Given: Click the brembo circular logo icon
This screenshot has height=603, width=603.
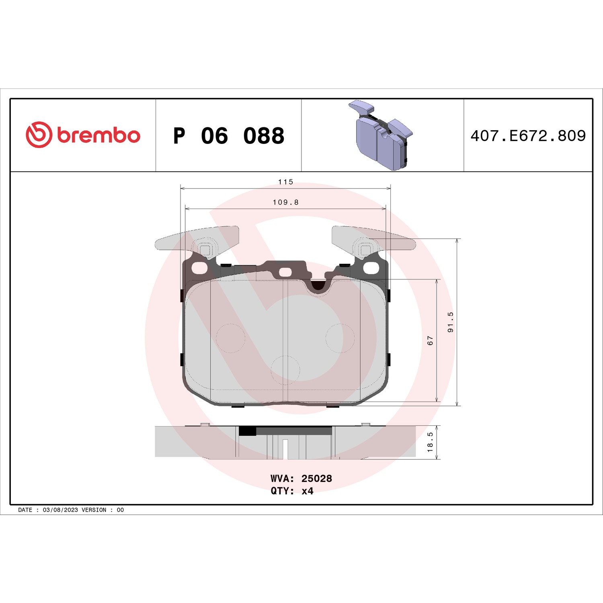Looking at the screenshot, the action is (x=39, y=135).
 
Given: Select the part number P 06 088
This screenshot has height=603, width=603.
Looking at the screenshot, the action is (x=229, y=136).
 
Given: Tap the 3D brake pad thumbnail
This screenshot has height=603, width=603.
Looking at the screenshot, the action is (x=381, y=135).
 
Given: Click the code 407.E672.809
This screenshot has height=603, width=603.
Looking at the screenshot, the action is (x=528, y=136).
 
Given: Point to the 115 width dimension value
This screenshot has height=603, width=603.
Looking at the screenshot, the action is (x=286, y=182).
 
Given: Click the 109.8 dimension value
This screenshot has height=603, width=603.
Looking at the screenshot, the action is (x=286, y=202).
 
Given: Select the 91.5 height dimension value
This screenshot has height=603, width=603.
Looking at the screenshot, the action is (x=450, y=322).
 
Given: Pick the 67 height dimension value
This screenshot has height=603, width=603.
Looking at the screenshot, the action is (x=430, y=340).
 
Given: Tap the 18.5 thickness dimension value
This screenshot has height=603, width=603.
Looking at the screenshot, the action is (x=430, y=442).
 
